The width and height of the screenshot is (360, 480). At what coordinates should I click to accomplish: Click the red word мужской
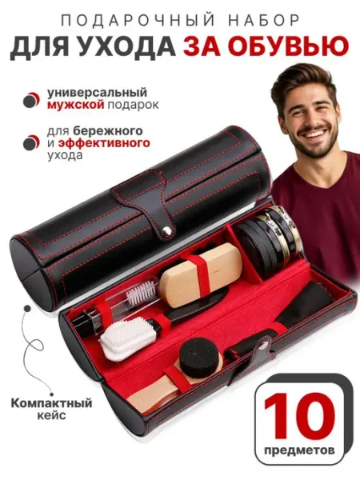pos(75,105)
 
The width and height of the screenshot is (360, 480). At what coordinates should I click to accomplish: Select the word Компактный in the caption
pos(51,403)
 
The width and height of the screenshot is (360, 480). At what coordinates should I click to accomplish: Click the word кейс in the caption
pos(51,415)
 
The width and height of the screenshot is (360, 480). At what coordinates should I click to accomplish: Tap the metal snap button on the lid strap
pos(167,231)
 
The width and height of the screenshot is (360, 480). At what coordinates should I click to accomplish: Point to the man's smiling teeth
pos(312,134)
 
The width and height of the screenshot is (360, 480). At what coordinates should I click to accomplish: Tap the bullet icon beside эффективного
pos(31,142)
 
